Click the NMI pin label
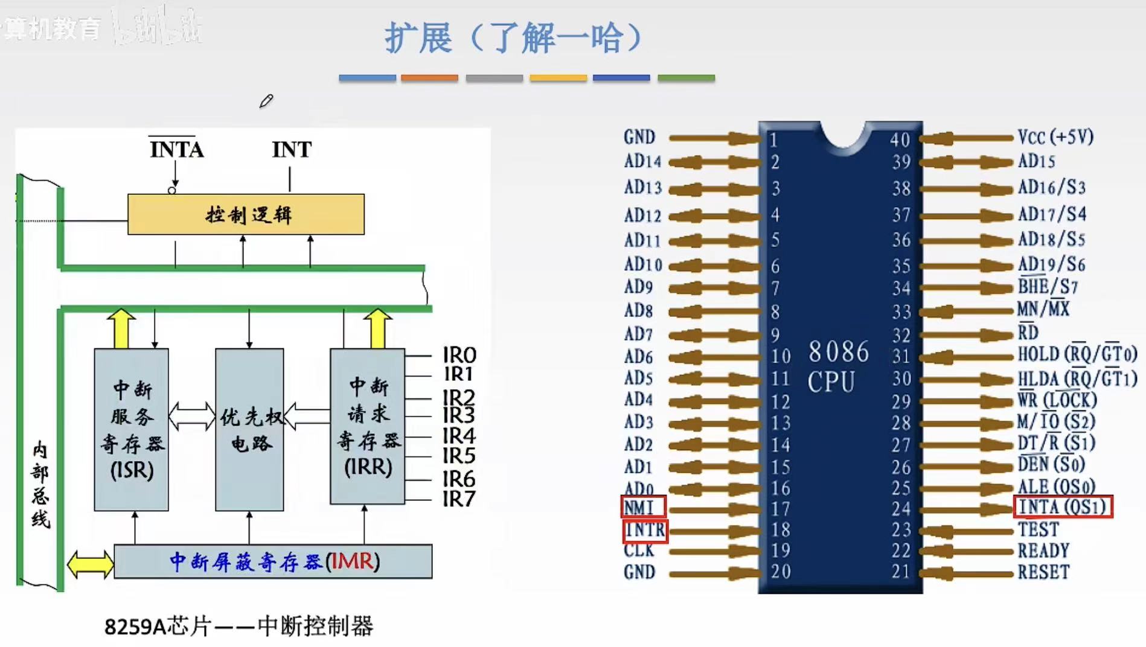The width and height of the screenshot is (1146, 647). (643, 507)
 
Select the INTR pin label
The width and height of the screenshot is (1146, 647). (645, 531)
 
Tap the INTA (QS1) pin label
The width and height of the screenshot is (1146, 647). (1062, 507)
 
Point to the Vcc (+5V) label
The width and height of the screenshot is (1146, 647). (1055, 138)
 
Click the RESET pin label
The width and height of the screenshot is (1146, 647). (1043, 572)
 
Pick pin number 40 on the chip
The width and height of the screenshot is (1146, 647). (900, 140)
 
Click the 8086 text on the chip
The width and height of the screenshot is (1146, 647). (839, 352)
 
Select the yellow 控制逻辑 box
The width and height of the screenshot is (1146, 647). (246, 214)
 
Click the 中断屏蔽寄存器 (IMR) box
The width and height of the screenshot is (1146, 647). (273, 561)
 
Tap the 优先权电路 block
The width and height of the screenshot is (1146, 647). (249, 429)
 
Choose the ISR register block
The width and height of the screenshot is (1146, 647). (131, 429)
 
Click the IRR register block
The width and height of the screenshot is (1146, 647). (367, 426)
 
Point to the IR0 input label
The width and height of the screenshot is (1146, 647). (459, 355)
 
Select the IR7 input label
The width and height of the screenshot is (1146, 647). (459, 499)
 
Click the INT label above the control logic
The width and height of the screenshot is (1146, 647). (292, 150)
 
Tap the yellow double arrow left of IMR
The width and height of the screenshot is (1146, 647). (90, 564)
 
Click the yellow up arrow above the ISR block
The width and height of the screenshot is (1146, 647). (121, 329)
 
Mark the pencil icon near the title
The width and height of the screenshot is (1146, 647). (266, 101)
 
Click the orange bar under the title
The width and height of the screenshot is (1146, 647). (429, 78)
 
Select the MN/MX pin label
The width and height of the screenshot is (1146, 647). (1043, 310)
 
